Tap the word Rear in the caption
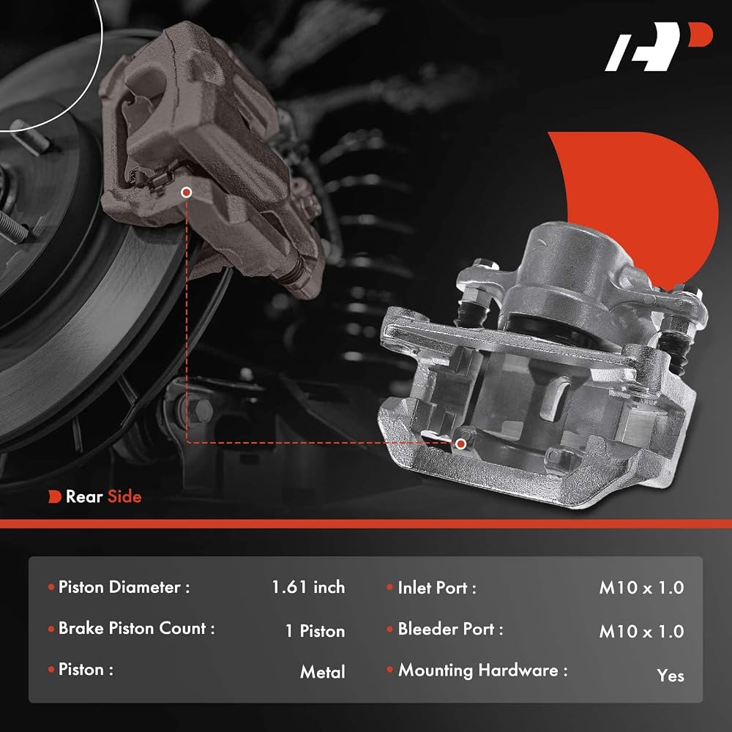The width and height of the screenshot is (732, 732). [84, 496]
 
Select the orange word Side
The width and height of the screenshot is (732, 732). [124, 496]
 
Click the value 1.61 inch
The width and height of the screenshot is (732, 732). [308, 587]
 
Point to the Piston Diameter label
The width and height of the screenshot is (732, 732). [124, 587]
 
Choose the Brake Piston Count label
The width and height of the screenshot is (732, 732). [136, 628]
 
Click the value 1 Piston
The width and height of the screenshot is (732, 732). [315, 631]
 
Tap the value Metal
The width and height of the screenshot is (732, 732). [323, 672]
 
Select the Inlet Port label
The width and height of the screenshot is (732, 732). [437, 588]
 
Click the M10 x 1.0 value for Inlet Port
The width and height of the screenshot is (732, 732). [641, 588]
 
